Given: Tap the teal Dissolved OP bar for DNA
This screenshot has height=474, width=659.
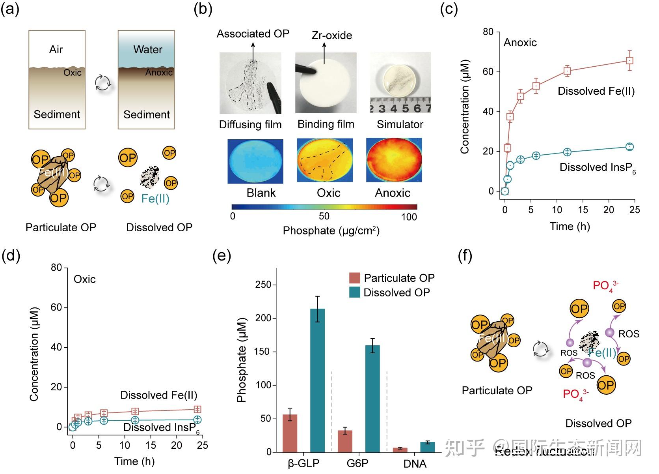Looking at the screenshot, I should coord(427,447).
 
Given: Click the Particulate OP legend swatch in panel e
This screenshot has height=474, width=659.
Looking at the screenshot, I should coord(354,278).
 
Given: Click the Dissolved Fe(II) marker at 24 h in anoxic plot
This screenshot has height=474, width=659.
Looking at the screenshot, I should coord(629,60).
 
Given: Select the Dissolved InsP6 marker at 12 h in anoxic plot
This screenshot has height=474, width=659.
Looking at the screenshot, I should coord(567,152).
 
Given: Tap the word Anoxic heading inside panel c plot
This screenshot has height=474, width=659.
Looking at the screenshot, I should coord(520,43).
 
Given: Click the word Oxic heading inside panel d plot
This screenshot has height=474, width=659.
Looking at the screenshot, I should coord(85,279).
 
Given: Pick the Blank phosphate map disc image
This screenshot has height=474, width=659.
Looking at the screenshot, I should coord(255,161).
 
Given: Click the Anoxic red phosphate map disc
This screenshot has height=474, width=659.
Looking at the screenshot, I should coord(394,160).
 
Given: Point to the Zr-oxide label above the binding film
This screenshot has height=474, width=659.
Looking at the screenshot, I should coord(331,36).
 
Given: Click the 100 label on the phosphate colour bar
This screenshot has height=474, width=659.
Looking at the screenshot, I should coord(409,217).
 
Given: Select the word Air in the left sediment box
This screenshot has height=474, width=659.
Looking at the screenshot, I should coord(56,50).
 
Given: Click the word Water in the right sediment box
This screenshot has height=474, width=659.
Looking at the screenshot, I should coord(147,50).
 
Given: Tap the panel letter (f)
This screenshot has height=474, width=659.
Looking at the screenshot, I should coord(465,256).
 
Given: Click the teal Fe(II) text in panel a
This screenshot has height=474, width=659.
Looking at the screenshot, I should coord(155,199).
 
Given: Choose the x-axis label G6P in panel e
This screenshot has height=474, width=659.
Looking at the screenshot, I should coord(357,463).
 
